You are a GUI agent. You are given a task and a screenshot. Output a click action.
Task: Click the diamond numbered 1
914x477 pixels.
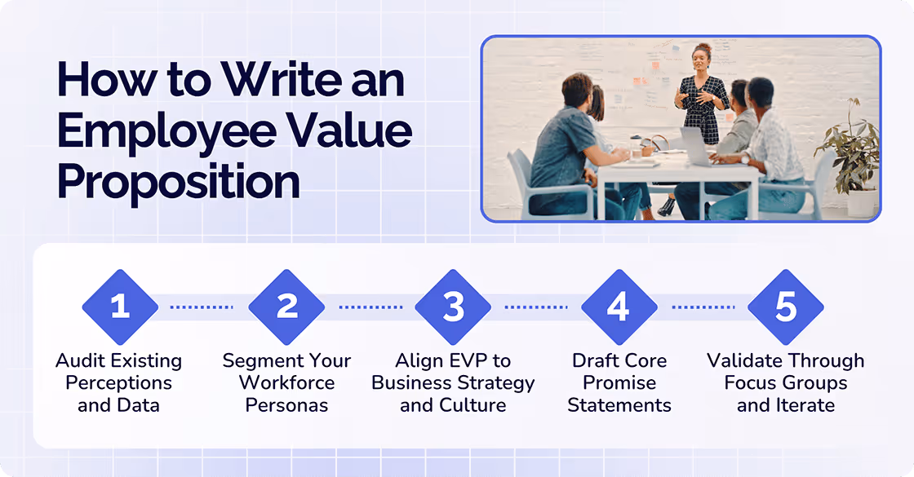(120, 307)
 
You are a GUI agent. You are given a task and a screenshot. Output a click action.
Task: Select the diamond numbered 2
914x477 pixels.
(286, 307)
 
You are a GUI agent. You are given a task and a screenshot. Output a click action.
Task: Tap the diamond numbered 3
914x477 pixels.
(453, 307)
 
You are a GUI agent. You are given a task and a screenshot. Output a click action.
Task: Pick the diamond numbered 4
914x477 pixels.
(619, 307)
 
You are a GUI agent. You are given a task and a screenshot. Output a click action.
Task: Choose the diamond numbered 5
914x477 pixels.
(785, 307)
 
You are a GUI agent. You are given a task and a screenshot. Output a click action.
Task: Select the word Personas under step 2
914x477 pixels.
(287, 405)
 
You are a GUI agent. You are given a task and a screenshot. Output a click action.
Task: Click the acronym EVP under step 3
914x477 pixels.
(468, 361)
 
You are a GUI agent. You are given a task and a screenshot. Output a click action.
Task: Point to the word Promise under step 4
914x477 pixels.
(619, 383)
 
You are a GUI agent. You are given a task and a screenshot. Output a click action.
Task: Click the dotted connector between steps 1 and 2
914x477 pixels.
(202, 307)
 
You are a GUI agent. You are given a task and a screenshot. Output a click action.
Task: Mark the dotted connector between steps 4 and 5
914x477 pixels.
(703, 307)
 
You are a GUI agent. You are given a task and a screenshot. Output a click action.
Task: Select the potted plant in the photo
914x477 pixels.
(850, 155)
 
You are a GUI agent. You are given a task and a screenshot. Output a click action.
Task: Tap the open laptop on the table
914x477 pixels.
(698, 148)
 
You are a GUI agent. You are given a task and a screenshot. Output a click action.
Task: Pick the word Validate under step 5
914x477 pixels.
(743, 361)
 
